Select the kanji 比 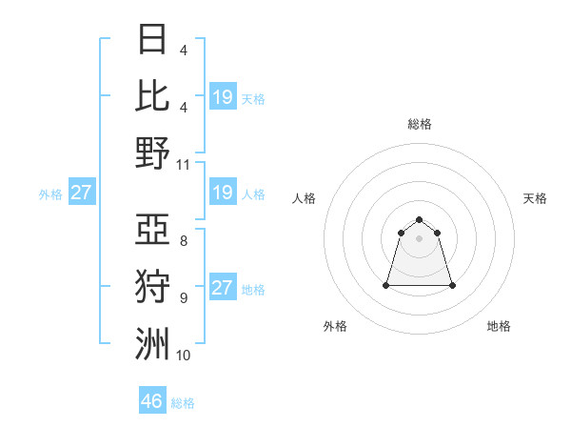(152, 95)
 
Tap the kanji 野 (152, 153)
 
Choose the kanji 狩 (152, 287)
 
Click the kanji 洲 (152, 344)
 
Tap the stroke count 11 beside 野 (184, 164)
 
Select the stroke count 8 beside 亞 (184, 241)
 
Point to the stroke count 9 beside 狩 (184, 298)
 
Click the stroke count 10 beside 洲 (184, 356)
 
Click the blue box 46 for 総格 (152, 400)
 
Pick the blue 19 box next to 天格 (223, 97)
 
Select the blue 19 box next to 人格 (223, 193)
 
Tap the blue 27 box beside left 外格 (81, 193)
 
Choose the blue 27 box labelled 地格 (223, 289)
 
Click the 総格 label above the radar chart (419, 124)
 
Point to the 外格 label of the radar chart (335, 326)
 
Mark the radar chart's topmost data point (419, 218)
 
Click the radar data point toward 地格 (452, 285)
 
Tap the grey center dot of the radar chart (419, 237)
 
